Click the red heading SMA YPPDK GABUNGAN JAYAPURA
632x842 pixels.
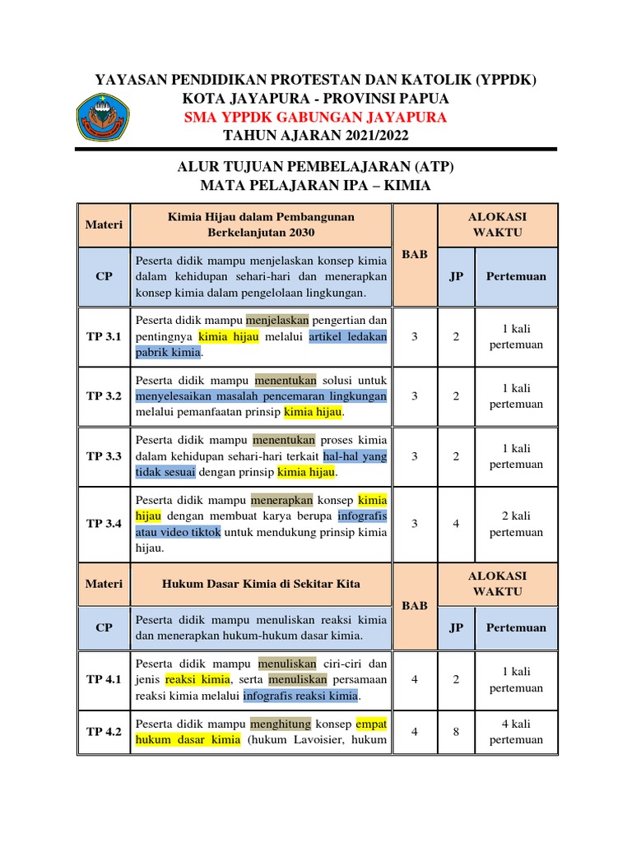pyautogui.click(x=315, y=117)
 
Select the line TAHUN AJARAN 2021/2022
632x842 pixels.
pyautogui.click(x=315, y=135)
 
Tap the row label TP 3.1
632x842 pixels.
pyautogui.click(x=104, y=336)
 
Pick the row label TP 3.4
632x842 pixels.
pyautogui.click(x=104, y=523)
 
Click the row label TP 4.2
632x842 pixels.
pyautogui.click(x=104, y=731)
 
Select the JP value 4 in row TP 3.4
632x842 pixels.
pyautogui.click(x=456, y=523)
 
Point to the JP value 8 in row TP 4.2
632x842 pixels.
pyautogui.click(x=456, y=731)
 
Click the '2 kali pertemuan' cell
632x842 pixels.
pyautogui.click(x=516, y=523)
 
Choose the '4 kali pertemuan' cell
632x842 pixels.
pyautogui.click(x=516, y=731)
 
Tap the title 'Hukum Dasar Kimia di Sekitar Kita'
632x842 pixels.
pyautogui.click(x=261, y=584)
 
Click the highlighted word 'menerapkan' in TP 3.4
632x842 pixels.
pyautogui.click(x=282, y=499)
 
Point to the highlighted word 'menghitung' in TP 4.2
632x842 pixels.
pyautogui.click(x=282, y=724)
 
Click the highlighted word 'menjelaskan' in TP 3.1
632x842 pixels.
pyautogui.click(x=281, y=320)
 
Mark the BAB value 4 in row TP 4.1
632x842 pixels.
pyautogui.click(x=415, y=679)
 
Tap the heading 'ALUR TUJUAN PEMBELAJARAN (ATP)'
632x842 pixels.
pyautogui.click(x=315, y=167)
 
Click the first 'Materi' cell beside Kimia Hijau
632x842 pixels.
pyautogui.click(x=104, y=224)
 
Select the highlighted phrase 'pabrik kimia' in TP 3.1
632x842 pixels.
pyautogui.click(x=168, y=352)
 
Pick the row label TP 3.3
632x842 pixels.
pyautogui.click(x=104, y=456)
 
